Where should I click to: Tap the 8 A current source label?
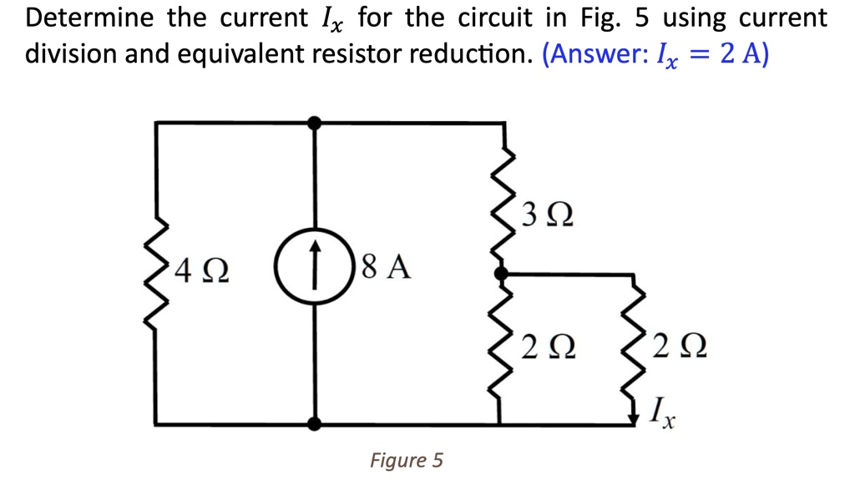coord(388,268)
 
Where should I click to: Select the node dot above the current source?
coord(314,124)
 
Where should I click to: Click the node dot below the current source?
coord(314,424)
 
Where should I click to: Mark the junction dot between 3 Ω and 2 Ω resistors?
coord(500,273)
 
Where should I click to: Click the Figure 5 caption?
coord(407,460)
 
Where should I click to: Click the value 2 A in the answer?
coord(738,55)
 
